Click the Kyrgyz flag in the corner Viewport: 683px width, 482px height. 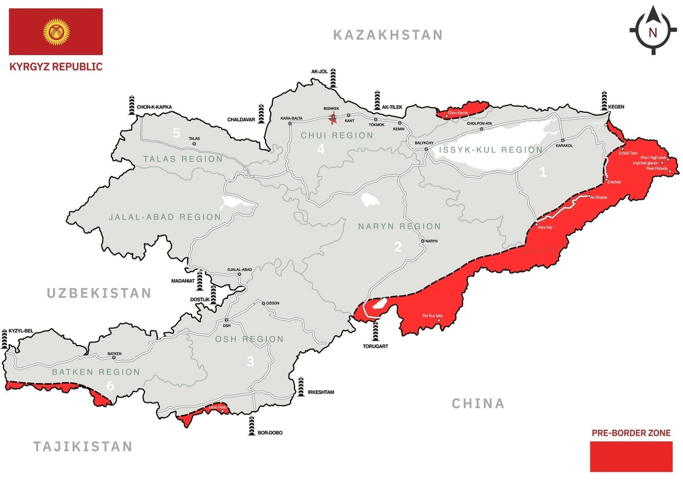click(56, 32)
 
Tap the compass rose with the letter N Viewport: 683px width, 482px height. click(652, 31)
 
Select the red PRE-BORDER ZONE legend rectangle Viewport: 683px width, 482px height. click(631, 456)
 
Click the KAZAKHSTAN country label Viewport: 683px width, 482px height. click(388, 35)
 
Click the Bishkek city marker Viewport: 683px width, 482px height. click(332, 118)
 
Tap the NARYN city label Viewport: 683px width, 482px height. click(431, 241)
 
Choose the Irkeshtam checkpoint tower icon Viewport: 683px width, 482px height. click(301, 386)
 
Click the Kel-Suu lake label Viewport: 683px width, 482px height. click(432, 316)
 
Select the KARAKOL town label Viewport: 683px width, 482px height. click(564, 146)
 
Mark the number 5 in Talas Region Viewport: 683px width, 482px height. click(176, 133)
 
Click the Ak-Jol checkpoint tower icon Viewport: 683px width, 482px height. click(333, 79)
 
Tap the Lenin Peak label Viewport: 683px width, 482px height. click(217, 407)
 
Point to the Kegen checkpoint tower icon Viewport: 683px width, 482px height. click(604, 101)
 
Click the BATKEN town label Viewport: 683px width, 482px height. click(114, 354)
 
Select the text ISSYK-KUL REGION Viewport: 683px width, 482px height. click(490, 150)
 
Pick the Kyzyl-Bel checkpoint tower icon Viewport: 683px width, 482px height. click(5, 339)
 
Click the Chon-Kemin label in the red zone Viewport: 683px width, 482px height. click(458, 113)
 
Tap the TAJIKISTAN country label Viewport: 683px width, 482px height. click(83, 446)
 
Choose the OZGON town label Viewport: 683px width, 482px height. click(272, 303)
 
